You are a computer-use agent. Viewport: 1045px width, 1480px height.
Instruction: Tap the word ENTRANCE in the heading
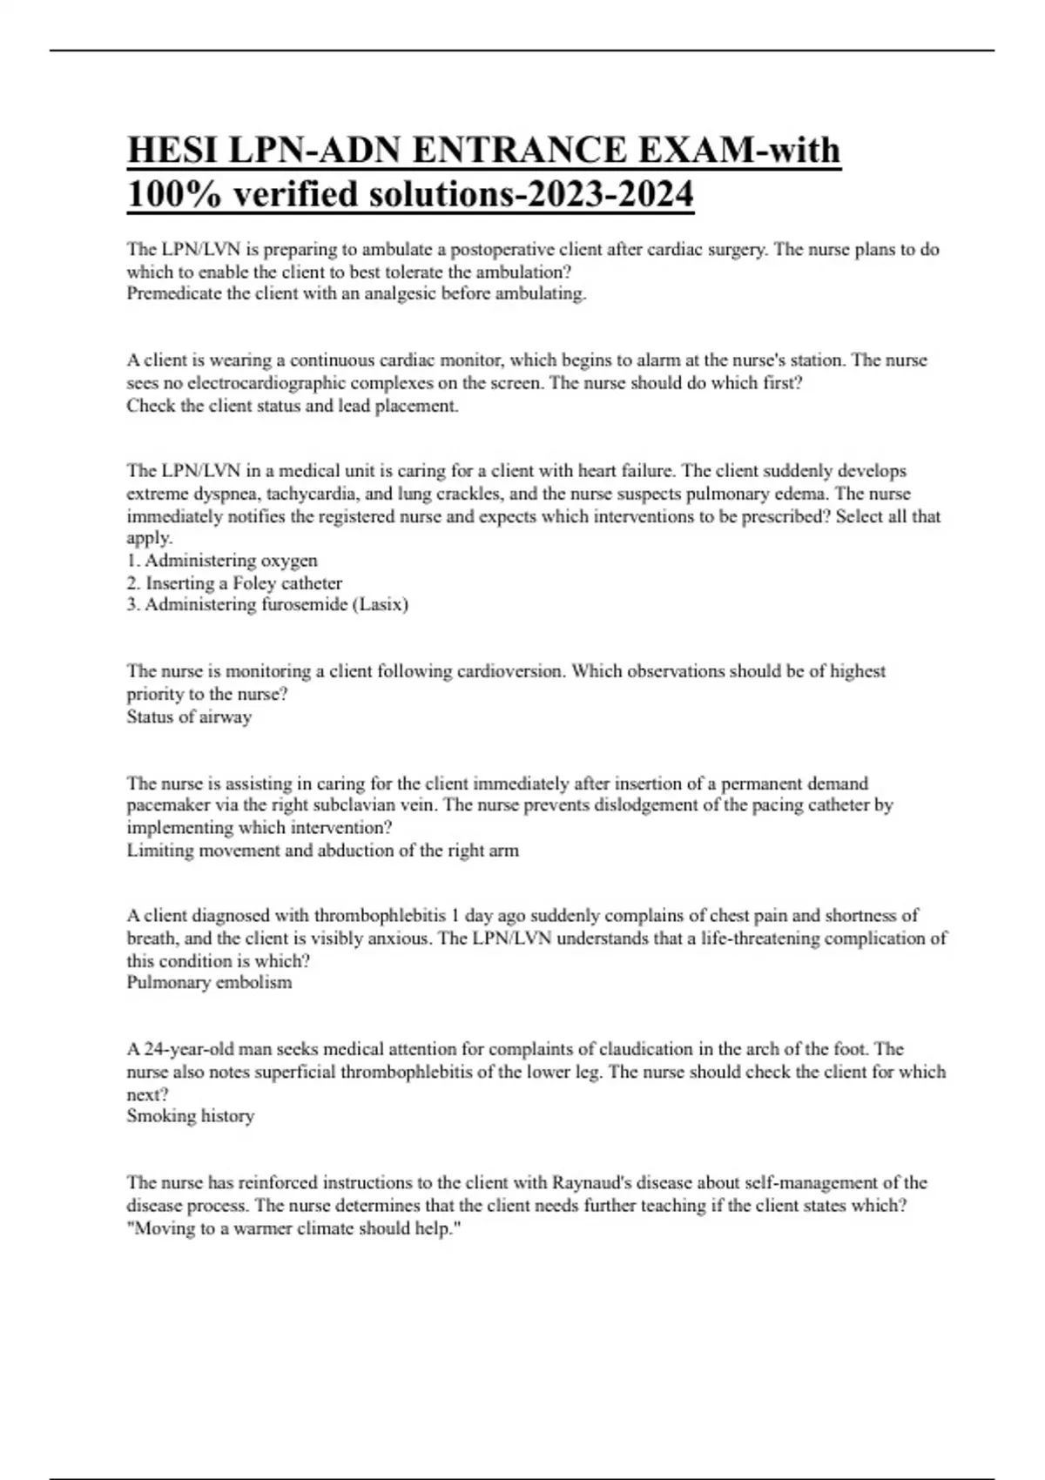518,150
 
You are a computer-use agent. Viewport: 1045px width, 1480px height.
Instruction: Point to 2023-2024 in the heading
610,193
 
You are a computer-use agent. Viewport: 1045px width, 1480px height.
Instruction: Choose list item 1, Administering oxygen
222,561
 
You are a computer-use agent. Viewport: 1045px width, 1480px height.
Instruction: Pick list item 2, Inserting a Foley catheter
234,583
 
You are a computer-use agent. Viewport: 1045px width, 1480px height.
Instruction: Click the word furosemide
304,604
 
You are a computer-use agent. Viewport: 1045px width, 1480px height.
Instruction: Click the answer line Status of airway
189,717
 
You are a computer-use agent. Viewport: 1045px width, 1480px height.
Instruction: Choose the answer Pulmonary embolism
209,983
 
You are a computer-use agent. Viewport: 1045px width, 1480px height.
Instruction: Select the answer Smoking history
191,1116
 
